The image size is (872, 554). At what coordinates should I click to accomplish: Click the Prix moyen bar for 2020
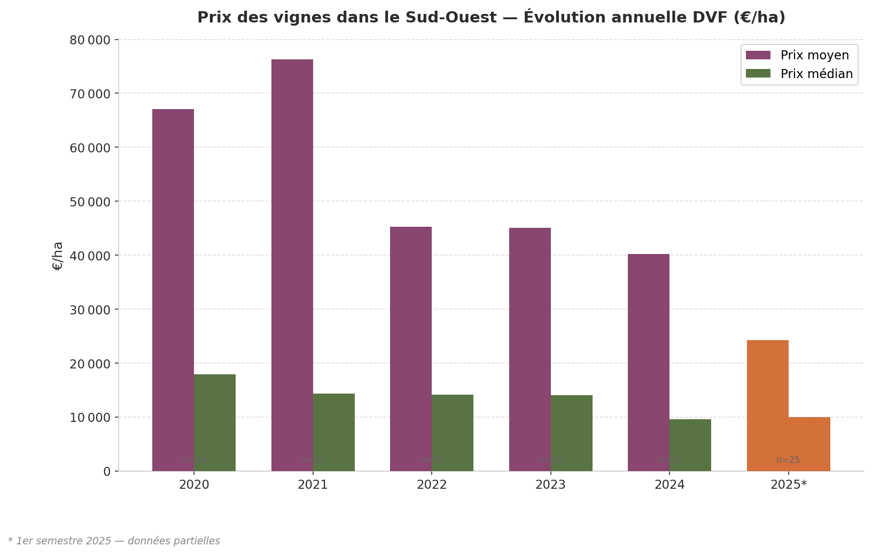coord(173,289)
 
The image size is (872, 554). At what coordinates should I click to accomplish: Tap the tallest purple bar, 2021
coord(292,265)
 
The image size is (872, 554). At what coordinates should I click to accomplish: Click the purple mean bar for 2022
coord(411,348)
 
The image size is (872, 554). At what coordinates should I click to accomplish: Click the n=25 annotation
coord(788,460)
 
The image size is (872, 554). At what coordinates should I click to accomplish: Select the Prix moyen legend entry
coord(814,56)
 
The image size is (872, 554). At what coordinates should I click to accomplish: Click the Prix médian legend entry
coord(816,74)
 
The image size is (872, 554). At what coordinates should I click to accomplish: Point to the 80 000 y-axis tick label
coord(90,40)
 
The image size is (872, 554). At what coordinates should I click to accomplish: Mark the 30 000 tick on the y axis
coord(90,310)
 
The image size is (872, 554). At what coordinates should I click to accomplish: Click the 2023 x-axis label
coord(550,486)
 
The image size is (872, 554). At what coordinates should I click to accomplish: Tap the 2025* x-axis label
coord(788,486)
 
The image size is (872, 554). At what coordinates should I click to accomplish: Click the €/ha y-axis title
coord(58,256)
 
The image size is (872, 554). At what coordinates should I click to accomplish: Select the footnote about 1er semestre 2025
coord(114,541)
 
